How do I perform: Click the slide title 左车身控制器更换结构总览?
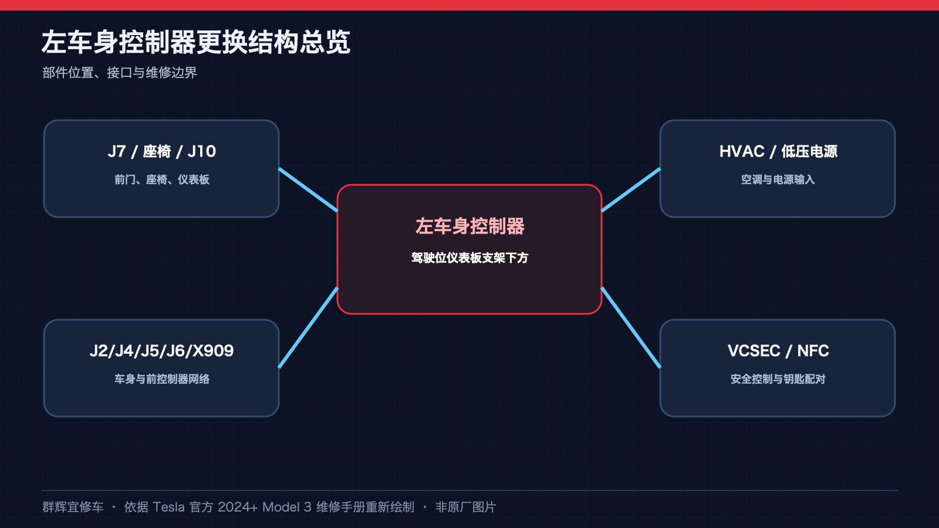pyautogui.click(x=196, y=42)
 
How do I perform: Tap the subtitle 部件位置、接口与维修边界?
pyautogui.click(x=120, y=73)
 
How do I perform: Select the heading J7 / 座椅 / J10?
pyautogui.click(x=161, y=151)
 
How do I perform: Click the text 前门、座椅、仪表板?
pyautogui.click(x=161, y=180)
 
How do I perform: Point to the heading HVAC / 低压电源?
pyautogui.click(x=778, y=151)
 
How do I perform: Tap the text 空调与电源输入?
pyautogui.click(x=778, y=180)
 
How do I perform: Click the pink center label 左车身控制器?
pyautogui.click(x=469, y=226)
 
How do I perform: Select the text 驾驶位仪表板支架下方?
pyautogui.click(x=469, y=258)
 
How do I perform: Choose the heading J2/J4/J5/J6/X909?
pyautogui.click(x=161, y=351)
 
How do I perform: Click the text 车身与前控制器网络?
pyautogui.click(x=161, y=379)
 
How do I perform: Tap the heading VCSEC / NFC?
pyautogui.click(x=778, y=351)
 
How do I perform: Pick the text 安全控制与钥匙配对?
pyautogui.click(x=778, y=379)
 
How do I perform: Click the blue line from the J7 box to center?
pyautogui.click(x=308, y=190)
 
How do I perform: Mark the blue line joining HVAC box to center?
pyautogui.click(x=631, y=190)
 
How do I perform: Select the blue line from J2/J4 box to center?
pyautogui.click(x=308, y=328)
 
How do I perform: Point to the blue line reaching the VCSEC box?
pyautogui.click(x=631, y=328)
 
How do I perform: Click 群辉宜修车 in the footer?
pyautogui.click(x=73, y=507)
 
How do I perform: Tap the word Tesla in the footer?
pyautogui.click(x=168, y=507)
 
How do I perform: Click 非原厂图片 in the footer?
pyautogui.click(x=466, y=507)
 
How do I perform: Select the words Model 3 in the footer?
pyautogui.click(x=287, y=507)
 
